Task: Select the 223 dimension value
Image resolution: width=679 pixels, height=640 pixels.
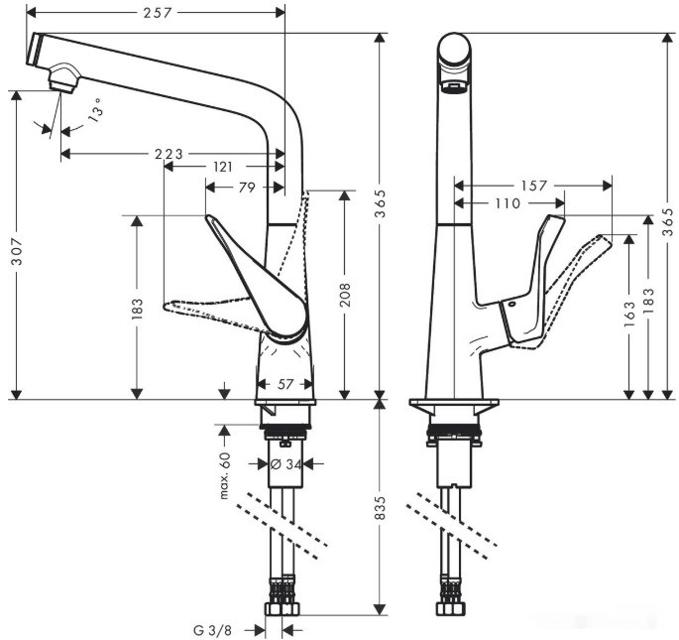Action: click(x=169, y=154)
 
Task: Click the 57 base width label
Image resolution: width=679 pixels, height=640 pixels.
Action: click(x=283, y=382)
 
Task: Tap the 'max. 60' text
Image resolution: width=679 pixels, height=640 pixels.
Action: click(x=225, y=475)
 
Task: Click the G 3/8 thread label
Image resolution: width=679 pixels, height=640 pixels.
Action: click(x=213, y=629)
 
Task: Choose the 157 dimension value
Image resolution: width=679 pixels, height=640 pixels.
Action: click(x=533, y=186)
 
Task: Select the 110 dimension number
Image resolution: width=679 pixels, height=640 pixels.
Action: click(x=506, y=203)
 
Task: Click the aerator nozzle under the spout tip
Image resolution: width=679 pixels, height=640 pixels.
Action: click(x=63, y=77)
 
